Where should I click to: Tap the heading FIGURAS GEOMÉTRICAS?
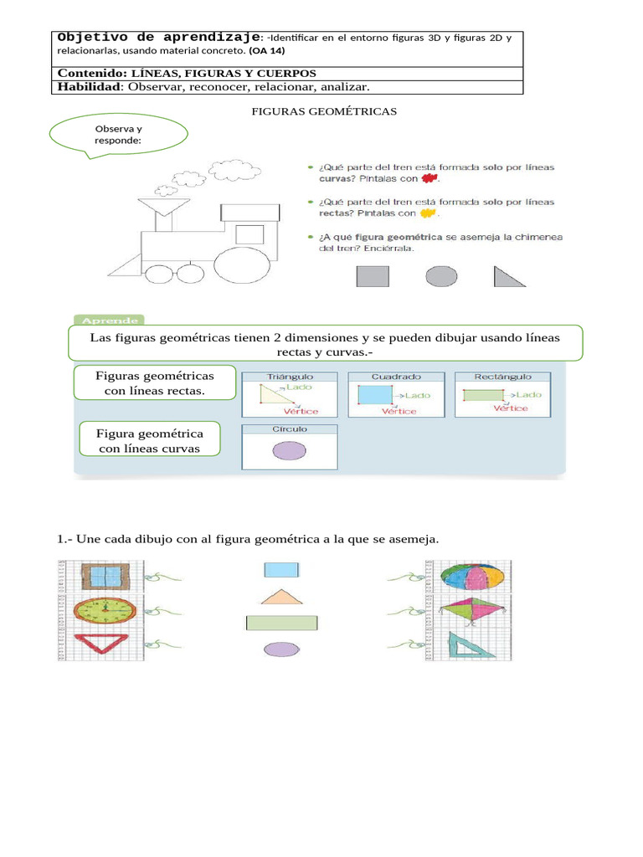[x=324, y=110]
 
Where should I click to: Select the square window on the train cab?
[x=249, y=233]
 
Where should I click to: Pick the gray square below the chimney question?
[x=373, y=276]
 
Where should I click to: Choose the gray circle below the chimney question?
[x=441, y=276]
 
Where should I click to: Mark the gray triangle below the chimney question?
[x=507, y=278]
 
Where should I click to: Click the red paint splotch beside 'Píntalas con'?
[x=430, y=178]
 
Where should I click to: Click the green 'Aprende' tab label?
[x=110, y=320]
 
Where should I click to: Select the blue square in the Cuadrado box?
[x=373, y=395]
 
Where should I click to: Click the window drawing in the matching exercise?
[x=105, y=577]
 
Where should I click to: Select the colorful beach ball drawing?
[x=471, y=577]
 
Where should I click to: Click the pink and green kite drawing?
[x=471, y=612]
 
